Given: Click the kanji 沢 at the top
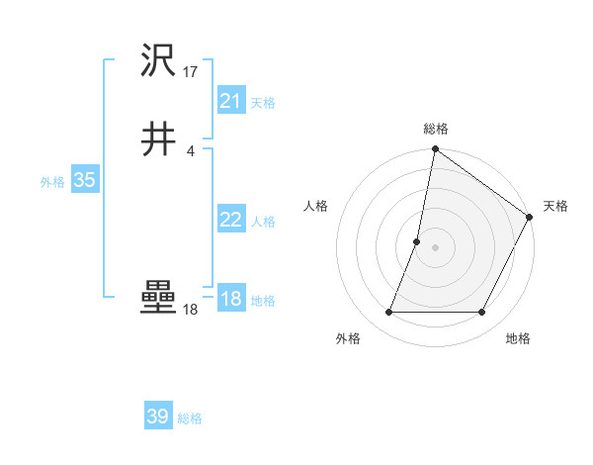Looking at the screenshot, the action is click(158, 62).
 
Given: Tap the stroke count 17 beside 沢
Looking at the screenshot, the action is click(191, 72).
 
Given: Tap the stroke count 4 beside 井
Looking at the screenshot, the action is click(190, 150).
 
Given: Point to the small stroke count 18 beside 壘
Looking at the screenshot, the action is click(191, 310).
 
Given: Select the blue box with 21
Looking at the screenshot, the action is click(230, 101).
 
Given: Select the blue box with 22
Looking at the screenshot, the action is click(230, 220).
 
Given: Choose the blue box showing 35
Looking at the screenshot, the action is click(84, 180).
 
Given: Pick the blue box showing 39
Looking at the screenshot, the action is click(157, 417).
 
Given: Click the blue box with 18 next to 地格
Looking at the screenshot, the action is click(230, 299).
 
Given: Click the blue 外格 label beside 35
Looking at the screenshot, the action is click(52, 181).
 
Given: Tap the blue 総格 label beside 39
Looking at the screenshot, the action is click(190, 418).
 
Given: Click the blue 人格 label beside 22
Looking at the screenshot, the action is click(263, 222).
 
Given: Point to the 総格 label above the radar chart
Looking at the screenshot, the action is click(436, 129).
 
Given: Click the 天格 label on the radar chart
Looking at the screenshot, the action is click(555, 206).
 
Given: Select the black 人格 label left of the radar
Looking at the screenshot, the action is click(316, 206).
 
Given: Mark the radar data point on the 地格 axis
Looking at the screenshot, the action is click(482, 313).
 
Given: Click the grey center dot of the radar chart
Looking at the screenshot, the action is click(436, 247).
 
